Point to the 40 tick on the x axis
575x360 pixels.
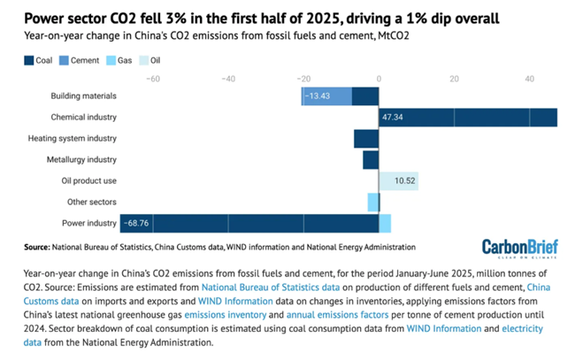(529, 79)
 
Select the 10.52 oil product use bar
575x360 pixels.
(399, 180)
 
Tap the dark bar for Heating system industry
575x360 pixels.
(365, 138)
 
